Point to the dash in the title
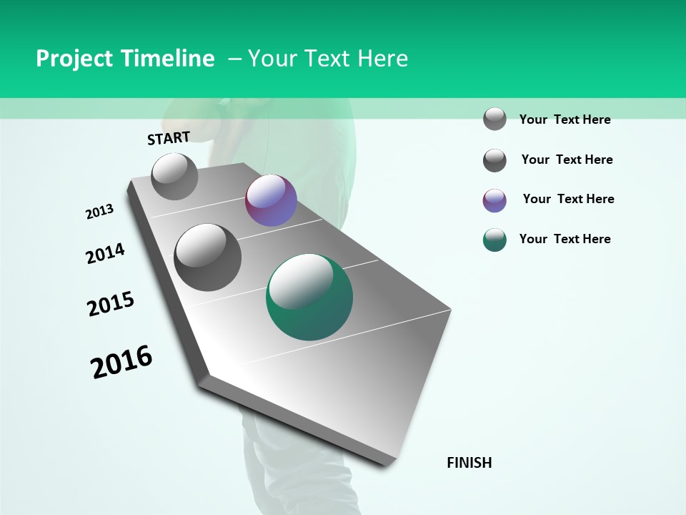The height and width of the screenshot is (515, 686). tap(234, 59)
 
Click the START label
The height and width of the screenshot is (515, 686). tap(169, 138)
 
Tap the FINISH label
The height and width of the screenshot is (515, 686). tap(469, 463)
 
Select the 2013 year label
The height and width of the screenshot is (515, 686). tap(99, 212)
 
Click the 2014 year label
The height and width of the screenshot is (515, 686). tap(105, 253)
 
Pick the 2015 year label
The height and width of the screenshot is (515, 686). tap(111, 304)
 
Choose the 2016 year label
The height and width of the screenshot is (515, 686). tap(121, 361)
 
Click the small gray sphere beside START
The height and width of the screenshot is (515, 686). tap(174, 177)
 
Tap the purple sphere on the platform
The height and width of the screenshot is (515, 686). tap(271, 201)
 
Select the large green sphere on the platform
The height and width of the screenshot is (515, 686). tap(309, 297)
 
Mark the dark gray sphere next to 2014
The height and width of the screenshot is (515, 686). tap(208, 257)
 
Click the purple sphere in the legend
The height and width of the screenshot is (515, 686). tap(494, 200)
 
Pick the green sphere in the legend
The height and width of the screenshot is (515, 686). tap(494, 240)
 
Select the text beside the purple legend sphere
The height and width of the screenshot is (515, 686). tap(568, 199)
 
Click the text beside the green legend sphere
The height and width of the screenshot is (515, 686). tap(565, 239)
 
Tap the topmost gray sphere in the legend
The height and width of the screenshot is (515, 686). tap(494, 119)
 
